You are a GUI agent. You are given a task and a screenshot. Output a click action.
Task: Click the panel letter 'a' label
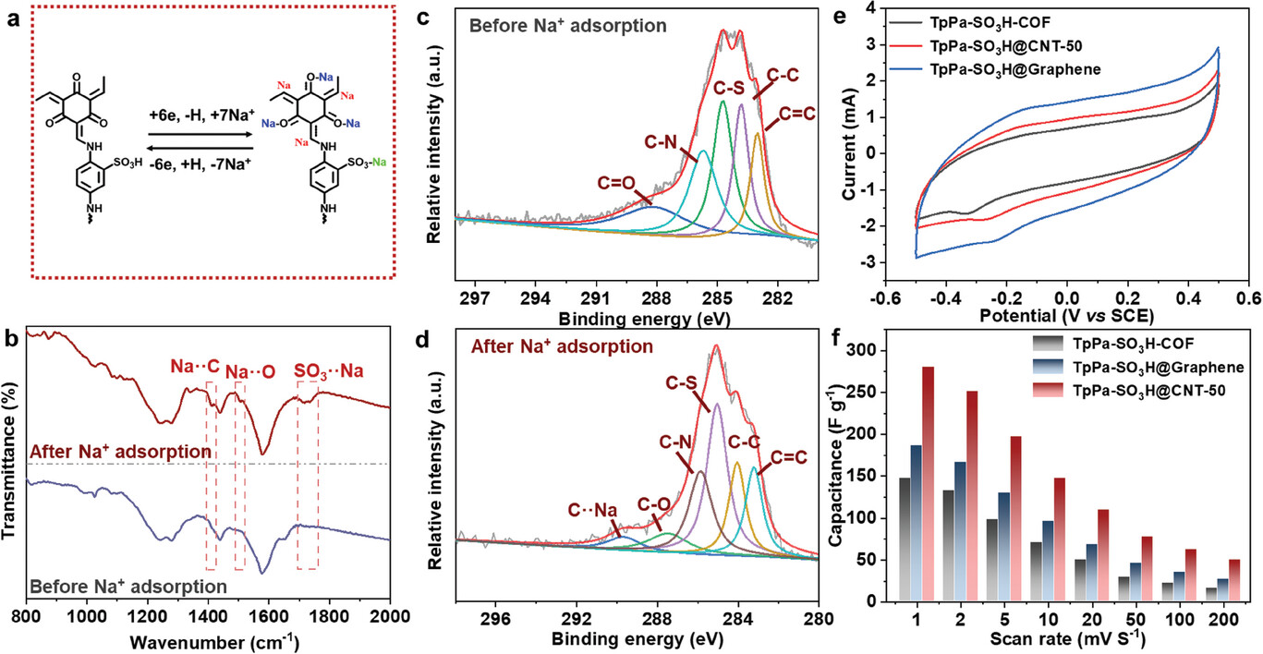coord(10,15)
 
